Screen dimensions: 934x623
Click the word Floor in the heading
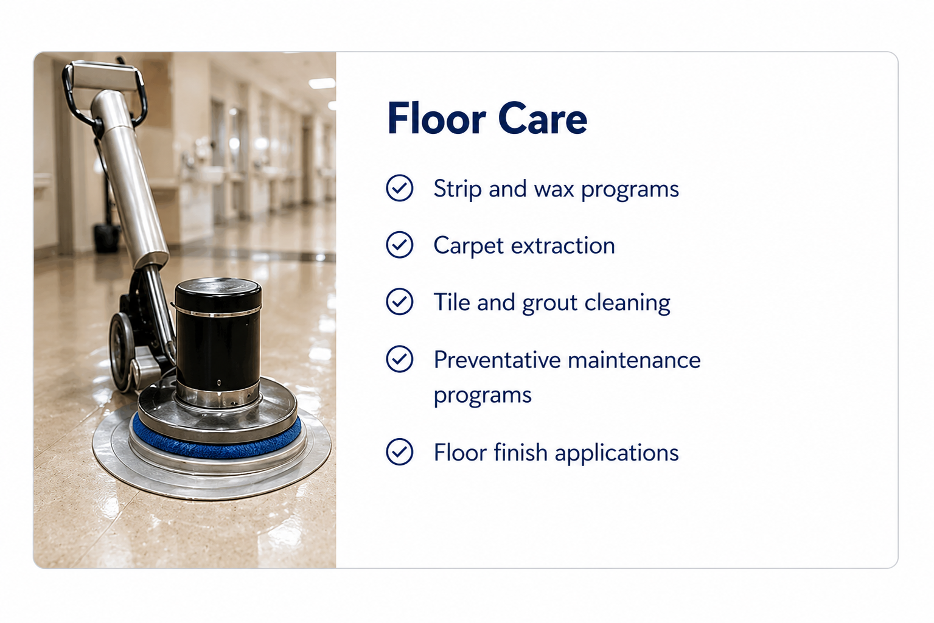coord(436,119)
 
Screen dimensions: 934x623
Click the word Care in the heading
coord(543,119)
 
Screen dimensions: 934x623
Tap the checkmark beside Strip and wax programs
coord(399,188)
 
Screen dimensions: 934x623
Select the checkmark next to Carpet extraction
coord(399,245)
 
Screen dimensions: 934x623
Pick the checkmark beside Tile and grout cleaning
coord(399,302)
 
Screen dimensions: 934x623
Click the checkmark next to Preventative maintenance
coord(399,359)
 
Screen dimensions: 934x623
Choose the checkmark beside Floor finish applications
coord(399,451)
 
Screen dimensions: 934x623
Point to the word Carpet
coord(469,246)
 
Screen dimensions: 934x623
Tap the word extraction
coord(563,245)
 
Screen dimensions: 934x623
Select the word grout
coord(549,304)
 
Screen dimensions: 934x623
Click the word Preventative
coord(497,360)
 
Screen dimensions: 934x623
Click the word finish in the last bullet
coord(520,453)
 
